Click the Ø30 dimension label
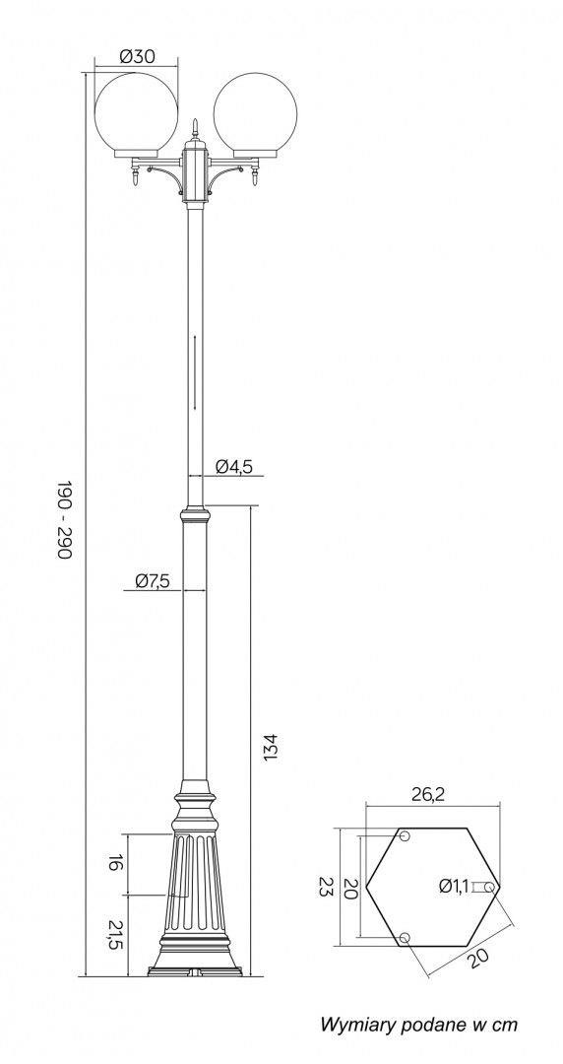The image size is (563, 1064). tap(137, 57)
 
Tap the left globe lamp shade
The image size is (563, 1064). tap(137, 112)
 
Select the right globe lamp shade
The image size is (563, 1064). tap(256, 112)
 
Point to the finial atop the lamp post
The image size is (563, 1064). tap(196, 127)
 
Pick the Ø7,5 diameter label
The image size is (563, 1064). tap(153, 580)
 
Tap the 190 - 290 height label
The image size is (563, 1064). tap(64, 520)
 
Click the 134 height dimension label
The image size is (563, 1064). tap(271, 747)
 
